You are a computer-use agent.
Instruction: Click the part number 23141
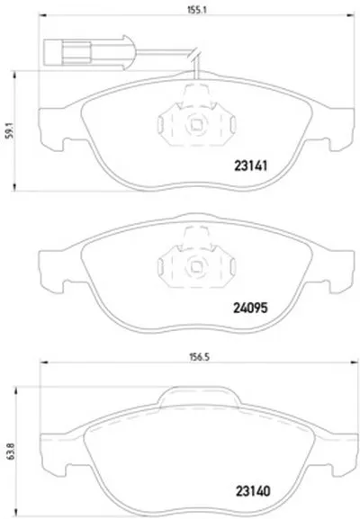[251, 166]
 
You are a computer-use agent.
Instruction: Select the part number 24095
[250, 309]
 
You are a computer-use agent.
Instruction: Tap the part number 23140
[253, 491]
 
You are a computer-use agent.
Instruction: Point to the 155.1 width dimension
[197, 10]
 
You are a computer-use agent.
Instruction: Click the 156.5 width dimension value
[200, 357]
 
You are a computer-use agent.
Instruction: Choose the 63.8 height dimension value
[11, 452]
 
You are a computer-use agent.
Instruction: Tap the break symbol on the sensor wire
[194, 54]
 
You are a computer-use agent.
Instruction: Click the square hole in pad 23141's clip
[196, 124]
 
